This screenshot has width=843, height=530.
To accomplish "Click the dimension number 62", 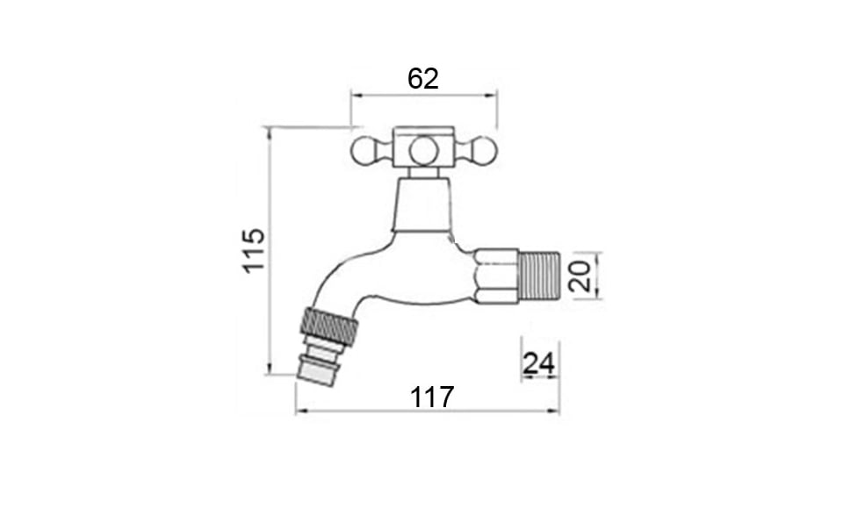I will click(x=423, y=78).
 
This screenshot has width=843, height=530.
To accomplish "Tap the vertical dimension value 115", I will click(x=254, y=250).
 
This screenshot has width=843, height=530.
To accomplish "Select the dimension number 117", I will click(x=432, y=397).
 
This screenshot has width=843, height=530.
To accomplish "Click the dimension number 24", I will click(x=539, y=362).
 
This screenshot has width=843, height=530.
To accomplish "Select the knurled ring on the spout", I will click(x=330, y=325).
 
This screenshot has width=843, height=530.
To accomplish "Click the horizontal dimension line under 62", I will click(x=423, y=95).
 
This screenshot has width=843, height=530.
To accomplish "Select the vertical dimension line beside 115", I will click(x=269, y=250).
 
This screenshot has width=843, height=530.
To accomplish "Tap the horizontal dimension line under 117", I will click(x=427, y=410).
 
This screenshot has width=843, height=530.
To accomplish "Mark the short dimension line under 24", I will click(x=539, y=378).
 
